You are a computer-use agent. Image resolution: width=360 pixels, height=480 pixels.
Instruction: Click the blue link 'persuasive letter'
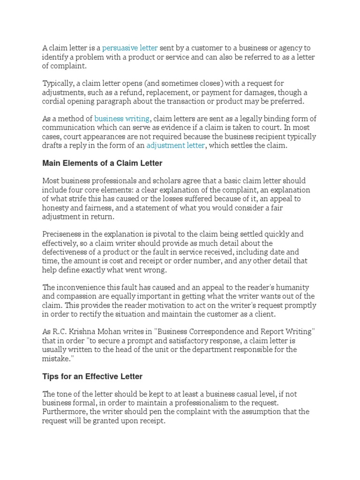coord(130,48)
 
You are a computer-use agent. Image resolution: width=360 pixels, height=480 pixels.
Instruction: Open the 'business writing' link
coord(122,119)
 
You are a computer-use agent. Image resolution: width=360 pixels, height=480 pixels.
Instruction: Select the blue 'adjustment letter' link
coord(175,145)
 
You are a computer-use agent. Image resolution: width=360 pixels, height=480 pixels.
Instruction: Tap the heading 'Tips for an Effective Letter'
coord(92,376)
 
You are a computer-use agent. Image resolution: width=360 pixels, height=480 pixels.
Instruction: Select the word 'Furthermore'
coord(64,412)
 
